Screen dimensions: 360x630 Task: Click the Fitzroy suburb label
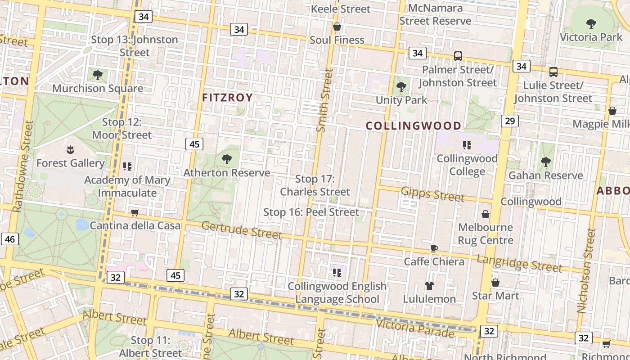click(x=227, y=98)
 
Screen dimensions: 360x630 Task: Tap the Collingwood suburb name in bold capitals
click(x=414, y=126)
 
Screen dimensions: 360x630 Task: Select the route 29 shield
click(x=509, y=121)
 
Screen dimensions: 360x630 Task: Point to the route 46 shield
click(x=10, y=239)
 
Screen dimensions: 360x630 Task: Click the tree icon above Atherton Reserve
click(x=227, y=159)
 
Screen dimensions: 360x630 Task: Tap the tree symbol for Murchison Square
click(x=97, y=75)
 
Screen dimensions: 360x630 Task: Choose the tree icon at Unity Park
click(x=401, y=87)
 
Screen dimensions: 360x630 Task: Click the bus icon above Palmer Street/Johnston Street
click(x=458, y=56)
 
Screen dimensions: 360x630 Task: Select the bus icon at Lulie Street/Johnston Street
click(x=553, y=72)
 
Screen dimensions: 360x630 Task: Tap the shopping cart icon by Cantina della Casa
click(x=135, y=212)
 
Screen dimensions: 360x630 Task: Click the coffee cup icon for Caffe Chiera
click(x=434, y=248)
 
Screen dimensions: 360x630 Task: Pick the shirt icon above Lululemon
click(x=429, y=286)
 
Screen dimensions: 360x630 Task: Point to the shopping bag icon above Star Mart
click(x=495, y=283)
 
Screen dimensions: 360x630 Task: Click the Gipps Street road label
click(x=432, y=194)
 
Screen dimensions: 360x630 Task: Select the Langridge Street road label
click(x=519, y=263)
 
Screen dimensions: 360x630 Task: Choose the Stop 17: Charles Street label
click(x=315, y=185)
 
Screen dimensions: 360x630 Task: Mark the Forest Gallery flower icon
click(x=70, y=149)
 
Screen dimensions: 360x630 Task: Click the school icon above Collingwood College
click(x=467, y=145)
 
